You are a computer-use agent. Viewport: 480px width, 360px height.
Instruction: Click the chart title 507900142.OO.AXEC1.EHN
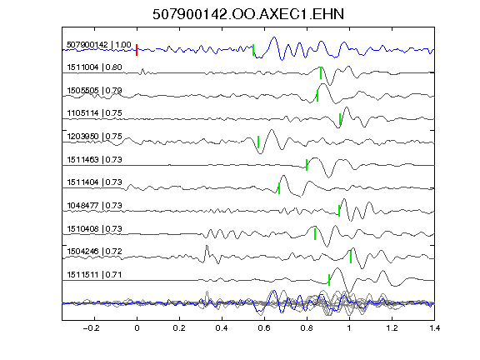(x=248, y=14)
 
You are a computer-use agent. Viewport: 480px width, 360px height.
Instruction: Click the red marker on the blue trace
(x=137, y=50)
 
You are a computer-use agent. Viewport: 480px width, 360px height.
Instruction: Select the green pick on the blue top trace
(x=253, y=50)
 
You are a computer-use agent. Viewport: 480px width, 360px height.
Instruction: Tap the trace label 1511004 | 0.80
(x=95, y=67)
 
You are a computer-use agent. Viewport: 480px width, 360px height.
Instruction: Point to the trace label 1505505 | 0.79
(x=95, y=91)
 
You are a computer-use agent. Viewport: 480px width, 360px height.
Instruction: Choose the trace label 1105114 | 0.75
(x=95, y=113)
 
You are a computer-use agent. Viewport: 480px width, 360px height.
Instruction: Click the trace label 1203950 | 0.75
(x=95, y=136)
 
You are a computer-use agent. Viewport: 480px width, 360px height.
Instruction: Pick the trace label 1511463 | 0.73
(x=95, y=159)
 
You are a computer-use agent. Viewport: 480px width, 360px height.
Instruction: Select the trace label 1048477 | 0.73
(x=95, y=205)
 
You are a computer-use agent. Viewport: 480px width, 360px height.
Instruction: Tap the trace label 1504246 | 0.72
(x=95, y=252)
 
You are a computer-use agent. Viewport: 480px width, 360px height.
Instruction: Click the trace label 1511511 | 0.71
(x=95, y=275)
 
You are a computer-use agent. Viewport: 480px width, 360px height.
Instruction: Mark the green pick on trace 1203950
(x=258, y=142)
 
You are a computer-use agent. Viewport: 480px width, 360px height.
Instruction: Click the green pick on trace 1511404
(x=279, y=188)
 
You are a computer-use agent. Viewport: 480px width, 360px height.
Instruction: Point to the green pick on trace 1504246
(x=351, y=257)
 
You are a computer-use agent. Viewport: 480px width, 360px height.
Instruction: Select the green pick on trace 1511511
(x=329, y=280)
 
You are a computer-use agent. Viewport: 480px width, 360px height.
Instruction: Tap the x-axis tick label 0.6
(x=264, y=328)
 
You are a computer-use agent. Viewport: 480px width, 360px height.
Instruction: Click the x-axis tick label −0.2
(x=92, y=328)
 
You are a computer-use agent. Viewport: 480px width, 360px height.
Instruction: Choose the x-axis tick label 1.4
(x=435, y=328)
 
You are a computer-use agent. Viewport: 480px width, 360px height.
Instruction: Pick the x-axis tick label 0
(x=137, y=328)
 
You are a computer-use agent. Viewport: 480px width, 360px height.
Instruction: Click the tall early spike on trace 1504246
(x=207, y=246)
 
